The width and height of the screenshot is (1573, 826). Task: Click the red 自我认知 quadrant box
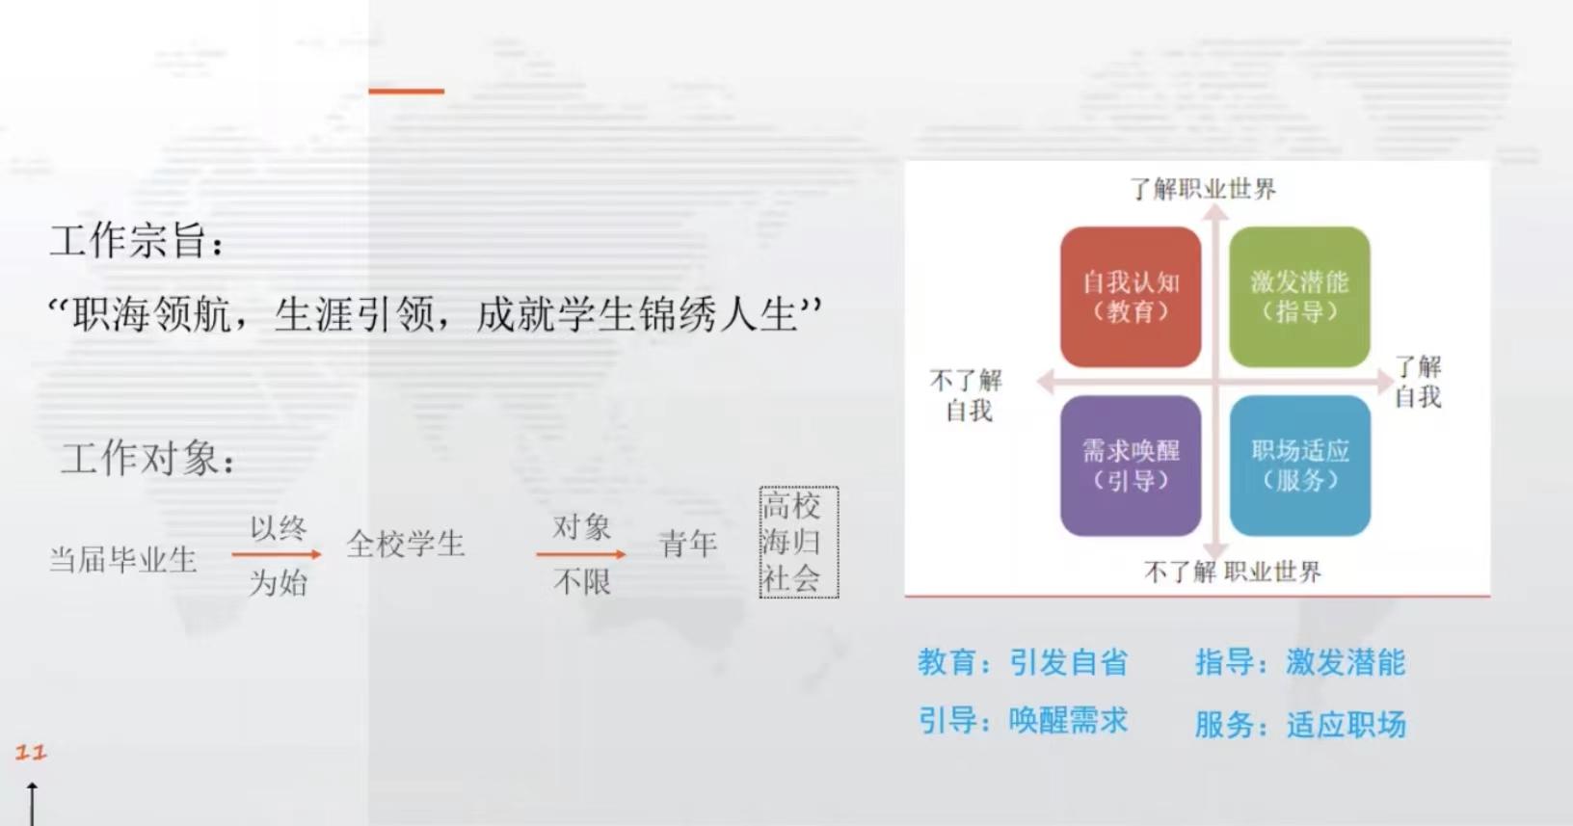[1131, 297]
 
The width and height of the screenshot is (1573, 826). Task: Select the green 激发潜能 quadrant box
[1300, 297]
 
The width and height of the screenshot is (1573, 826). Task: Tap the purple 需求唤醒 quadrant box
[1131, 466]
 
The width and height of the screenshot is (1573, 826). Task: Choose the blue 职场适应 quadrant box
[1300, 466]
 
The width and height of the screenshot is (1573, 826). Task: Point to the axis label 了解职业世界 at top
[1203, 189]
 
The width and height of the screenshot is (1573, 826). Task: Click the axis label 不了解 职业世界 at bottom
[1233, 572]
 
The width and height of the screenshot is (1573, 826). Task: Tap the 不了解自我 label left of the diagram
[967, 395]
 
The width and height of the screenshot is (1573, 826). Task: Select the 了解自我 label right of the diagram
[1418, 382]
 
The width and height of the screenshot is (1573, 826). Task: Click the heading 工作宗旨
[137, 241]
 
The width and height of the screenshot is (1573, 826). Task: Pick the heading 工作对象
[147, 459]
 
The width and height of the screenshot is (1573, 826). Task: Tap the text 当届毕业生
[123, 560]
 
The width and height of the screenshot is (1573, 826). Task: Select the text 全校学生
[405, 544]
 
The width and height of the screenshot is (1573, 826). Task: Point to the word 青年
[687, 544]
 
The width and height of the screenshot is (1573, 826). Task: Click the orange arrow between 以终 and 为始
[276, 555]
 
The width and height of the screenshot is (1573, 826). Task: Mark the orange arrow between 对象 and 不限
[581, 554]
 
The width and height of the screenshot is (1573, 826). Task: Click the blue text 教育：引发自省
[1023, 662]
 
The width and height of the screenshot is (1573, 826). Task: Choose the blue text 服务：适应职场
[1300, 724]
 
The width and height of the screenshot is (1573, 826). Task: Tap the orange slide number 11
[31, 752]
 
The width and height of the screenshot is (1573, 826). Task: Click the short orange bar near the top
[406, 91]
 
